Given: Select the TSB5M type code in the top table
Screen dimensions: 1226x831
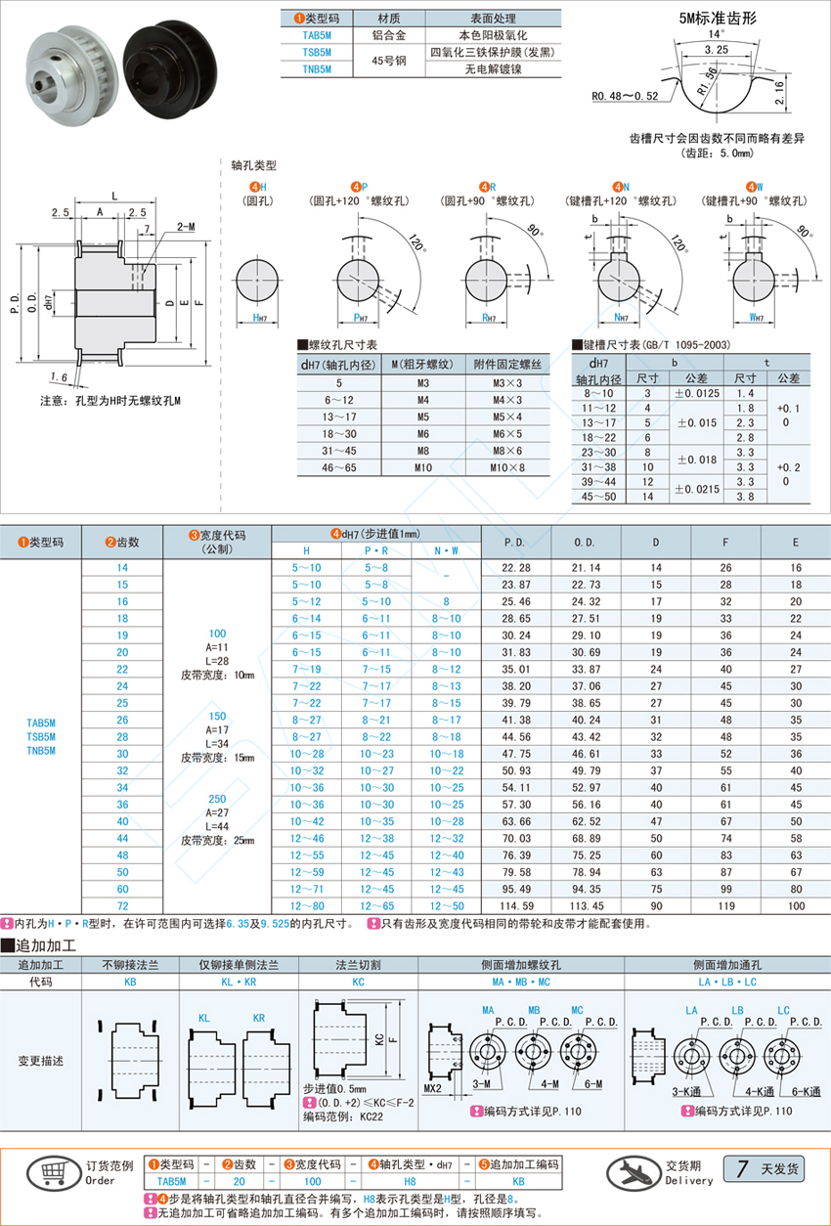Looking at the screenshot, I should pyautogui.click(x=317, y=52).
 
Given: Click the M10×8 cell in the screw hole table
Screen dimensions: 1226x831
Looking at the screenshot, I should pyautogui.click(x=507, y=467).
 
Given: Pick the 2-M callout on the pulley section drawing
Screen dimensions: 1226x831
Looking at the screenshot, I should pyautogui.click(x=185, y=226).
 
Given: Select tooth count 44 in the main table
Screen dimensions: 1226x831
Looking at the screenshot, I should pyautogui.click(x=121, y=838).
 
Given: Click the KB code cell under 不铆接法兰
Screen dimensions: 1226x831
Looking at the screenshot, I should pyautogui.click(x=131, y=982).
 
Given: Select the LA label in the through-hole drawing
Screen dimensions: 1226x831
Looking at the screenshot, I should pyautogui.click(x=691, y=1010).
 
